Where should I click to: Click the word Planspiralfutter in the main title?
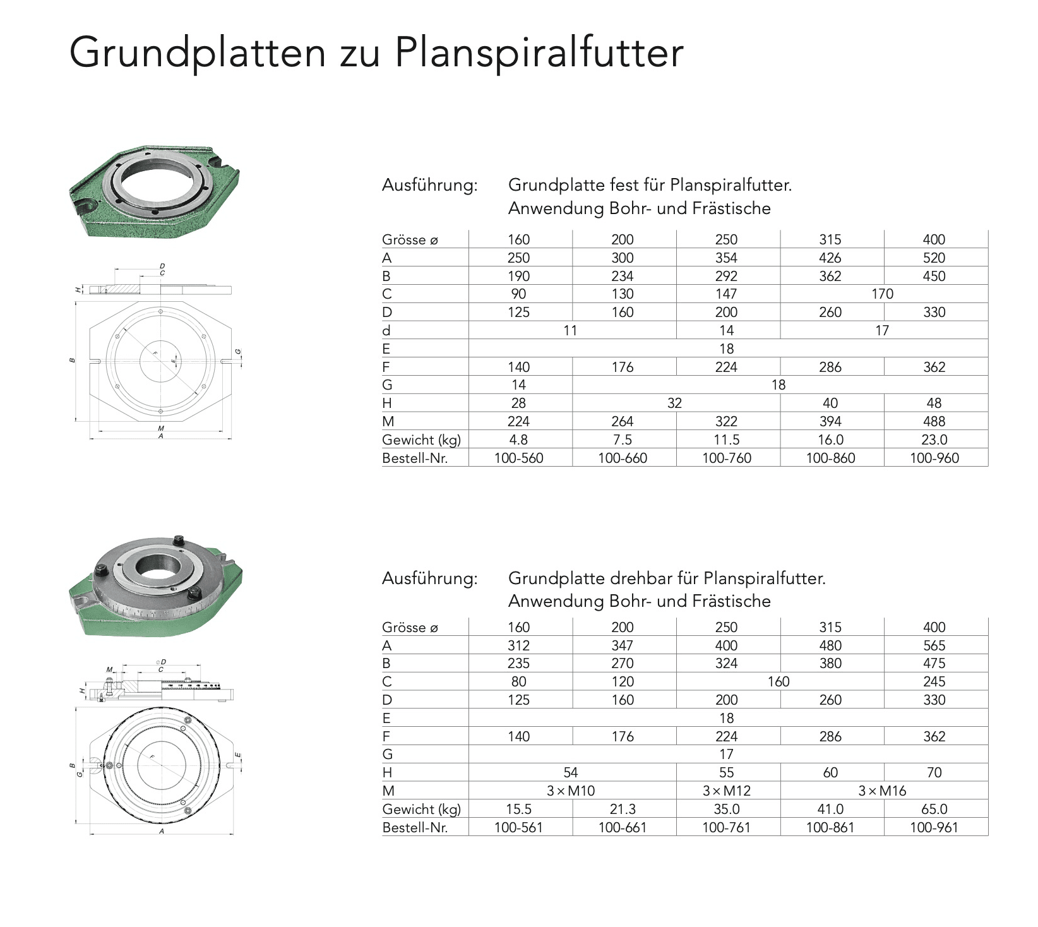(539, 53)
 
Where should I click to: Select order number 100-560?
(518, 458)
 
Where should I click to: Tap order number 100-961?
(933, 827)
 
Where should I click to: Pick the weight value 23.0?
(934, 440)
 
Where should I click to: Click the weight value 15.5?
(518, 809)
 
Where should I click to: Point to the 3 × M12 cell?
(726, 791)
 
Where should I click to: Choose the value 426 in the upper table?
(830, 258)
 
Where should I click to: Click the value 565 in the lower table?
(934, 645)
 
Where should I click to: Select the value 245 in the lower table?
(934, 681)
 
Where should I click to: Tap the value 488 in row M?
(934, 421)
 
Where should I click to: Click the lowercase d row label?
(386, 331)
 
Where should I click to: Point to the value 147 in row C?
(726, 294)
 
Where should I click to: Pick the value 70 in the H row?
(934, 772)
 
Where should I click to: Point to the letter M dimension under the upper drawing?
(160, 428)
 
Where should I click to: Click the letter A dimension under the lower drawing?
(162, 832)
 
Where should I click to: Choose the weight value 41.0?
(830, 809)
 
